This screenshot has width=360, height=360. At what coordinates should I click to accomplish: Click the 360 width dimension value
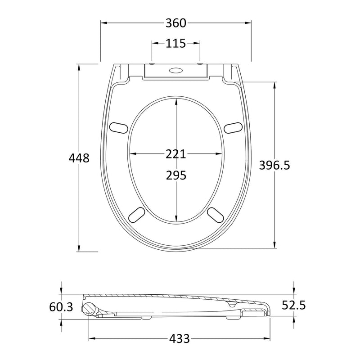click(176, 23)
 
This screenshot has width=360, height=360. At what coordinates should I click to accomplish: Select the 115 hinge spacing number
click(175, 43)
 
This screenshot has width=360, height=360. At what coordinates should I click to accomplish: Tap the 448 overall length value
click(79, 158)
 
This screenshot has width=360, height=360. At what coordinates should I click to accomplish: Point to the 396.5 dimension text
click(274, 165)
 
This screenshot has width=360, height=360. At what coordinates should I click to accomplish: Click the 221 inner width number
click(175, 154)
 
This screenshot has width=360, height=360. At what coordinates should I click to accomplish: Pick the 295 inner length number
click(176, 175)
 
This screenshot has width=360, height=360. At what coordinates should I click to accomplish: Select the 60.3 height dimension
click(61, 307)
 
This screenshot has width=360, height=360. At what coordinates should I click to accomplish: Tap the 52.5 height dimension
click(294, 306)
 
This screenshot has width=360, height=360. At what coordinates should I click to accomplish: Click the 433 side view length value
click(180, 338)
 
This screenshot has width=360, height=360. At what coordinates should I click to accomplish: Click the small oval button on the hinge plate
click(175, 70)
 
